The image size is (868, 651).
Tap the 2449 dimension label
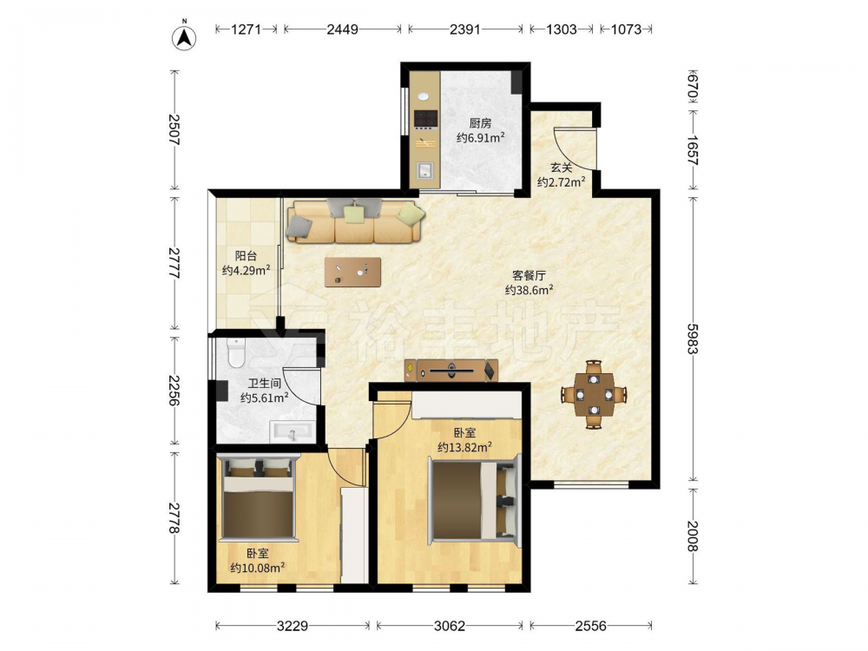(x=342, y=30)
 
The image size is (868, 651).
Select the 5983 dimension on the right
(x=693, y=339)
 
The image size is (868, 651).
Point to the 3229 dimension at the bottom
(x=293, y=626)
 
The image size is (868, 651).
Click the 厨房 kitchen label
(x=480, y=123)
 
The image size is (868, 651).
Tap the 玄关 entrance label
(x=562, y=168)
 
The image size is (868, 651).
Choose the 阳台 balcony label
(x=246, y=256)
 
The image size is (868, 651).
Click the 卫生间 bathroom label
(x=265, y=383)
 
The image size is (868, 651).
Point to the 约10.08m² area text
(x=258, y=568)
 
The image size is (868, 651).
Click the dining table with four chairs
(x=594, y=395)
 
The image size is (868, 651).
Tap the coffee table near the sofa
(x=352, y=272)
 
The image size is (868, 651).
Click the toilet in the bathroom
(x=236, y=352)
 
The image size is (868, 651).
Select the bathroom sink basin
(x=293, y=431)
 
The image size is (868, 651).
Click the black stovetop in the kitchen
(x=426, y=119)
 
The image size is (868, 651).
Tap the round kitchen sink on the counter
(x=424, y=96)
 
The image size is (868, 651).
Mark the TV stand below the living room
(x=451, y=371)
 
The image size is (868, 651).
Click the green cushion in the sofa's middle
(x=353, y=214)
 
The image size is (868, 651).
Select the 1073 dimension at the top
(x=626, y=30)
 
